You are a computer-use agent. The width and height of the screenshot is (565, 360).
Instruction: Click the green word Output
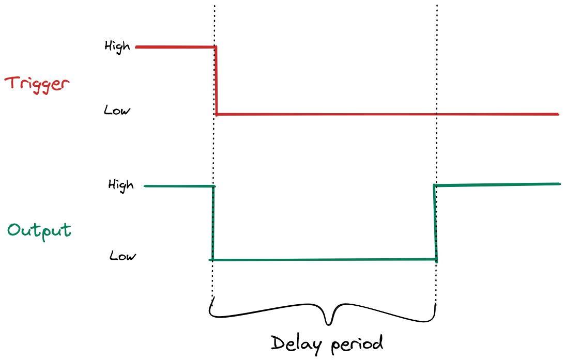pos(39,230)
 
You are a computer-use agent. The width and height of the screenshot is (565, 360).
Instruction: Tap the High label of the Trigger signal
pos(117,46)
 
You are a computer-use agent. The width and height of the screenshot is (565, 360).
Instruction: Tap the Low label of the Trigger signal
pos(117,111)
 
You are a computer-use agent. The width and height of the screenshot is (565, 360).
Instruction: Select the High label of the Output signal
pos(120,184)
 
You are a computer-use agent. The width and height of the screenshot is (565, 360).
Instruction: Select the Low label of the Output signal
pos(123,256)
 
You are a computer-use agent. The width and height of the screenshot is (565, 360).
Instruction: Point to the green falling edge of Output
pos(212,222)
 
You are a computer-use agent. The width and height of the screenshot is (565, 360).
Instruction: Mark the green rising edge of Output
pos(435,222)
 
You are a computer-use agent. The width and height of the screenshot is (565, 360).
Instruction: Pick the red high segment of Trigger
pos(176,47)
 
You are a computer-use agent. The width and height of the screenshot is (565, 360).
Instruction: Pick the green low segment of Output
pos(324,259)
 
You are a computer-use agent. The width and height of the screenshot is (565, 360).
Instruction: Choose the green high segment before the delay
pos(178,186)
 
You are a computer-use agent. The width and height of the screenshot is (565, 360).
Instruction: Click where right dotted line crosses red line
pos(437,114)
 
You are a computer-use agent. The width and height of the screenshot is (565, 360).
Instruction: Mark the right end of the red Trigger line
pos(558,114)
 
